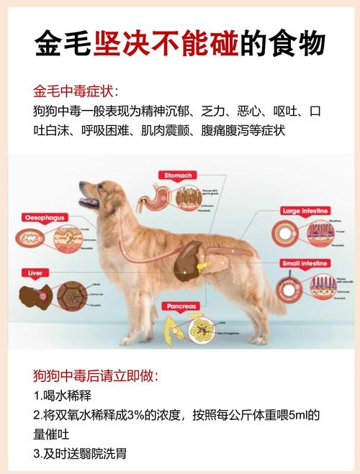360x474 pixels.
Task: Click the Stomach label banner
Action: click(179, 174)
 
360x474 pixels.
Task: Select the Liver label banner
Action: click(35, 273)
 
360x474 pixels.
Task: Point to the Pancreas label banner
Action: click(182, 306)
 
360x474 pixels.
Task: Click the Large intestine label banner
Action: click(305, 211)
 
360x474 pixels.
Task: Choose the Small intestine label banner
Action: click(305, 263)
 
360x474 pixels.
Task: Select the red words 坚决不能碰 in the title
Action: click(165, 44)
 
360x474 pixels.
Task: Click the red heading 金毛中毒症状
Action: click(76, 92)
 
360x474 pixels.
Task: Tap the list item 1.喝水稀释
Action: click(63, 396)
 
